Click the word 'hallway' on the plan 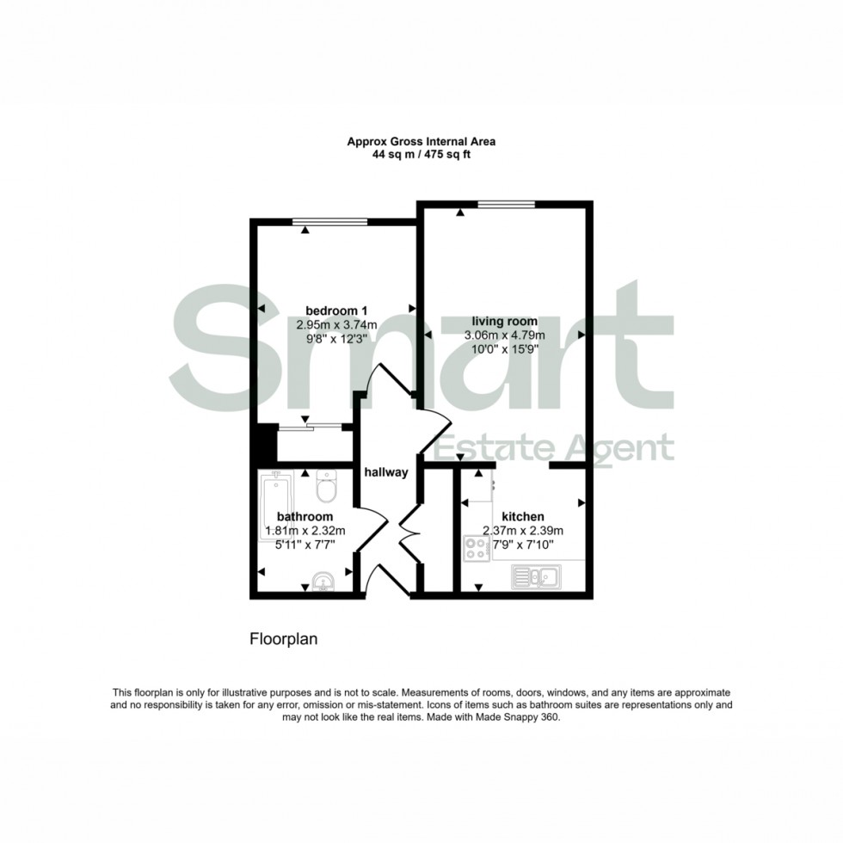click(385, 472)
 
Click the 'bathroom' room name click(305, 516)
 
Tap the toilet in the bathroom click(326, 487)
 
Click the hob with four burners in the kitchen click(476, 548)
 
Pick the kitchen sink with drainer click(535, 575)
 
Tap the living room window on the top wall click(507, 203)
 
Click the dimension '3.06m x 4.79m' click(495, 335)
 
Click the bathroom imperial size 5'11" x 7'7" click(305, 544)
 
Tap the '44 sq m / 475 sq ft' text click(421, 155)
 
